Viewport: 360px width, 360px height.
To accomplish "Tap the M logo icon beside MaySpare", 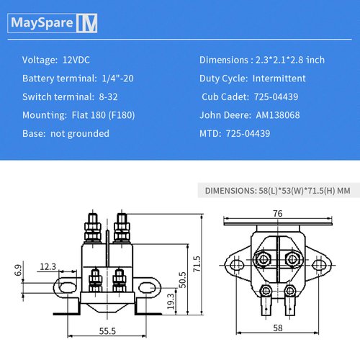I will [87, 23].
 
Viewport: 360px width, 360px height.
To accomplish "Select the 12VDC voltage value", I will [78, 59].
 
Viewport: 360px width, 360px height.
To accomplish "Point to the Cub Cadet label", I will [225, 96].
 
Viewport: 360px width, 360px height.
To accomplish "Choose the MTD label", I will [210, 133].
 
